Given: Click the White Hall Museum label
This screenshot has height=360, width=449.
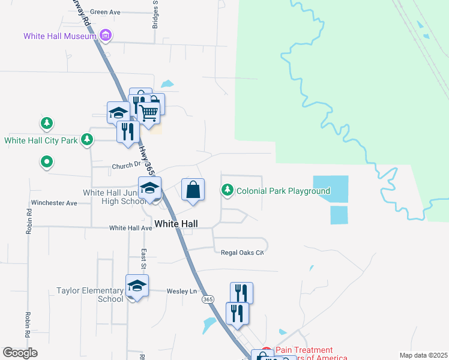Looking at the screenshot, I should pos(60,36).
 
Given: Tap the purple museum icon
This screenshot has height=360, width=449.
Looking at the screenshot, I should pos(106,36).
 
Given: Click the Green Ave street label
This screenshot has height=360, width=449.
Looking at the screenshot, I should pos(105,11).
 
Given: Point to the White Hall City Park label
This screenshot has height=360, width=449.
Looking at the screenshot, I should pos(41,141).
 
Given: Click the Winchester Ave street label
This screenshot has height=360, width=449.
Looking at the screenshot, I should pos(55,203).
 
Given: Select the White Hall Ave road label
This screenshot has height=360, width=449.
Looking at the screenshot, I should pos(131,228).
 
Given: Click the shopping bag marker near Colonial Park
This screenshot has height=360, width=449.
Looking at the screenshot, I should pos(193,190).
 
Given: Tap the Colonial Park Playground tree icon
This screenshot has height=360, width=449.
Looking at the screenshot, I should pos(228,190).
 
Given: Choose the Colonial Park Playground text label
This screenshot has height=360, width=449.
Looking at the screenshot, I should pos(283,191).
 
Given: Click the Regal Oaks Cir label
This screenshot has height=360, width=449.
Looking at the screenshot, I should pos(243,253).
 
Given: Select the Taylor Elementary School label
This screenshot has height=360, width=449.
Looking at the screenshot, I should pos(89,295).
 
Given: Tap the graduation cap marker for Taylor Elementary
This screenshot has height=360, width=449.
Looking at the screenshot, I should pos(137,286).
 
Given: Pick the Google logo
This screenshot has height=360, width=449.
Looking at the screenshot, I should pos(20,353).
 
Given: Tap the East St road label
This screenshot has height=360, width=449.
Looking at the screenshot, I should pos(144,260).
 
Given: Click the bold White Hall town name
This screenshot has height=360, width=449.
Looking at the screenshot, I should pos(176,223).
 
